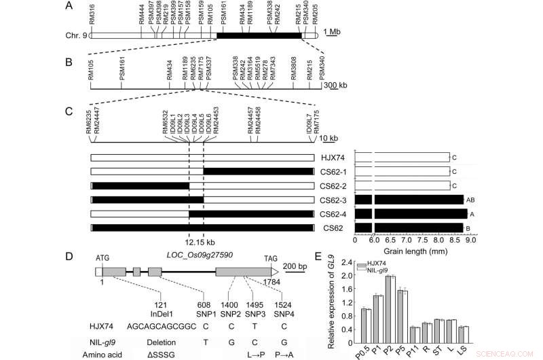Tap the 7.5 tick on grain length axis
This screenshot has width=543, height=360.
428,239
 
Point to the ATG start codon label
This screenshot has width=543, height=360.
102,259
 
